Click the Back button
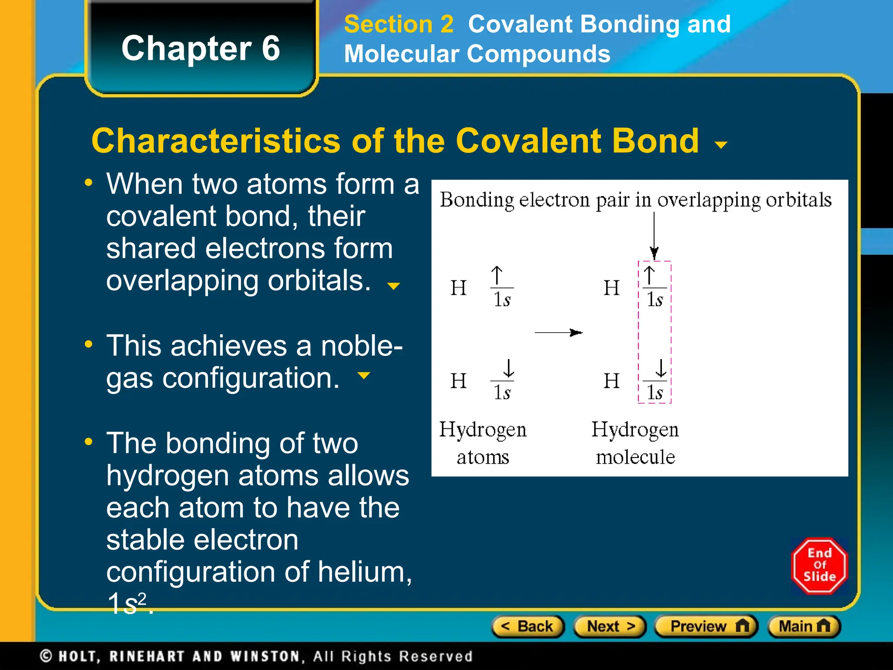(x=528, y=627)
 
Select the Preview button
(x=706, y=627)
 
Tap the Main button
(x=804, y=627)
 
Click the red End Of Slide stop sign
(x=819, y=566)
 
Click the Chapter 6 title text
(x=201, y=48)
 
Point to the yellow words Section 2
(x=399, y=24)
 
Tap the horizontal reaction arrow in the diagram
(x=559, y=333)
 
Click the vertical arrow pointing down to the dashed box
(x=654, y=236)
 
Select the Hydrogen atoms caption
(x=483, y=443)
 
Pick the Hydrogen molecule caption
(x=635, y=443)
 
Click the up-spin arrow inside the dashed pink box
(x=649, y=276)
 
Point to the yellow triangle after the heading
(x=722, y=145)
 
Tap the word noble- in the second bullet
(x=361, y=346)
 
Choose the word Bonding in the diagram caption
(x=477, y=200)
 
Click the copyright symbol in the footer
(x=46, y=656)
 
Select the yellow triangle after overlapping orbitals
(x=393, y=286)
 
